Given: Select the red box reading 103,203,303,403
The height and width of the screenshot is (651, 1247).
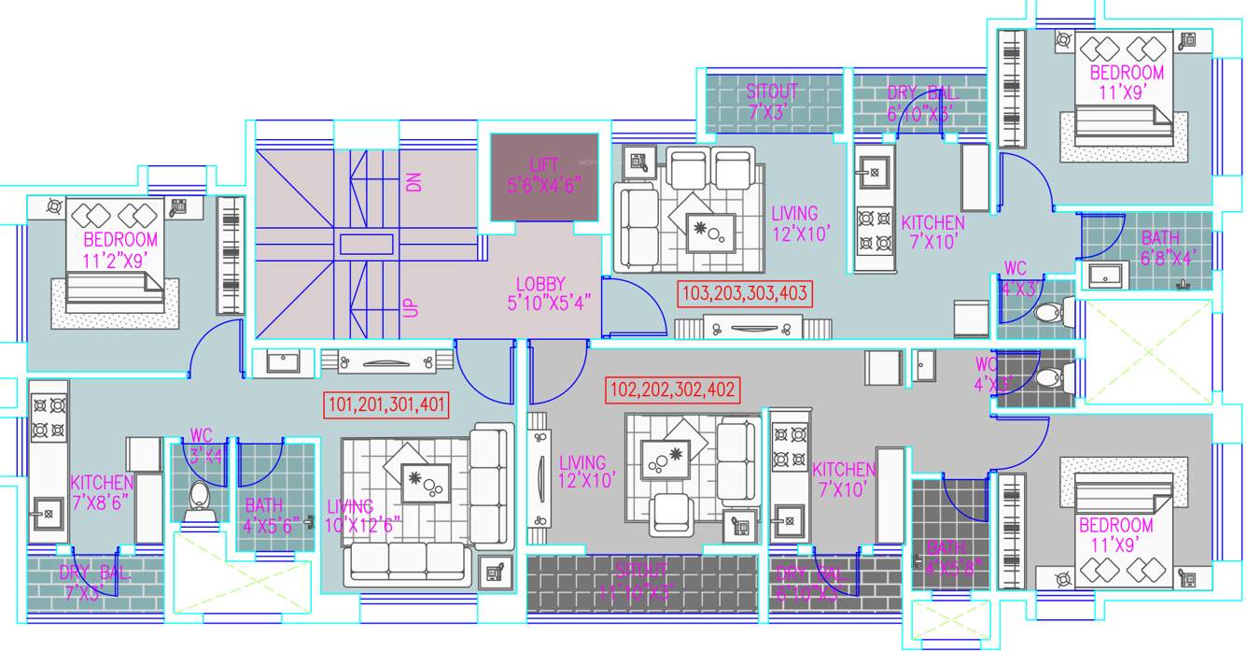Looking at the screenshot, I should pos(745,293).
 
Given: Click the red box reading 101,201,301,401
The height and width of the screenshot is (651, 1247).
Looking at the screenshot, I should pos(386,405).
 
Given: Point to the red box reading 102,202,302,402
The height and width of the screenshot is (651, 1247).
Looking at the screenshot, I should pos(672,389).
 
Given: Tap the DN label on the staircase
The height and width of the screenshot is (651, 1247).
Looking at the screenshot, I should pos(413,182).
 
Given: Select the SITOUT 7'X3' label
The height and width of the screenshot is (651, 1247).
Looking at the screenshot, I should pos(771,100).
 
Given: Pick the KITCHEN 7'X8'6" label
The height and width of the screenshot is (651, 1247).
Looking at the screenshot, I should pos(103,491).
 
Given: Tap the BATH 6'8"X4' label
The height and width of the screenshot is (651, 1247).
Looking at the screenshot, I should pos(1160,247).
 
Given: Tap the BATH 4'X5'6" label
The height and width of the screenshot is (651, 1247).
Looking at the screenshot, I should pos(264,516).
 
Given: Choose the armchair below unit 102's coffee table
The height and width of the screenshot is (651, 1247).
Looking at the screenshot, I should pos(675,514).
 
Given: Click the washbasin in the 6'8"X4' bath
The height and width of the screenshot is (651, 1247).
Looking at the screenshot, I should pos(1107,276).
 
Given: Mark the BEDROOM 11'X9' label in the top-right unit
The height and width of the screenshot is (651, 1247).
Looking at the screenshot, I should pos(1127,82).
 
